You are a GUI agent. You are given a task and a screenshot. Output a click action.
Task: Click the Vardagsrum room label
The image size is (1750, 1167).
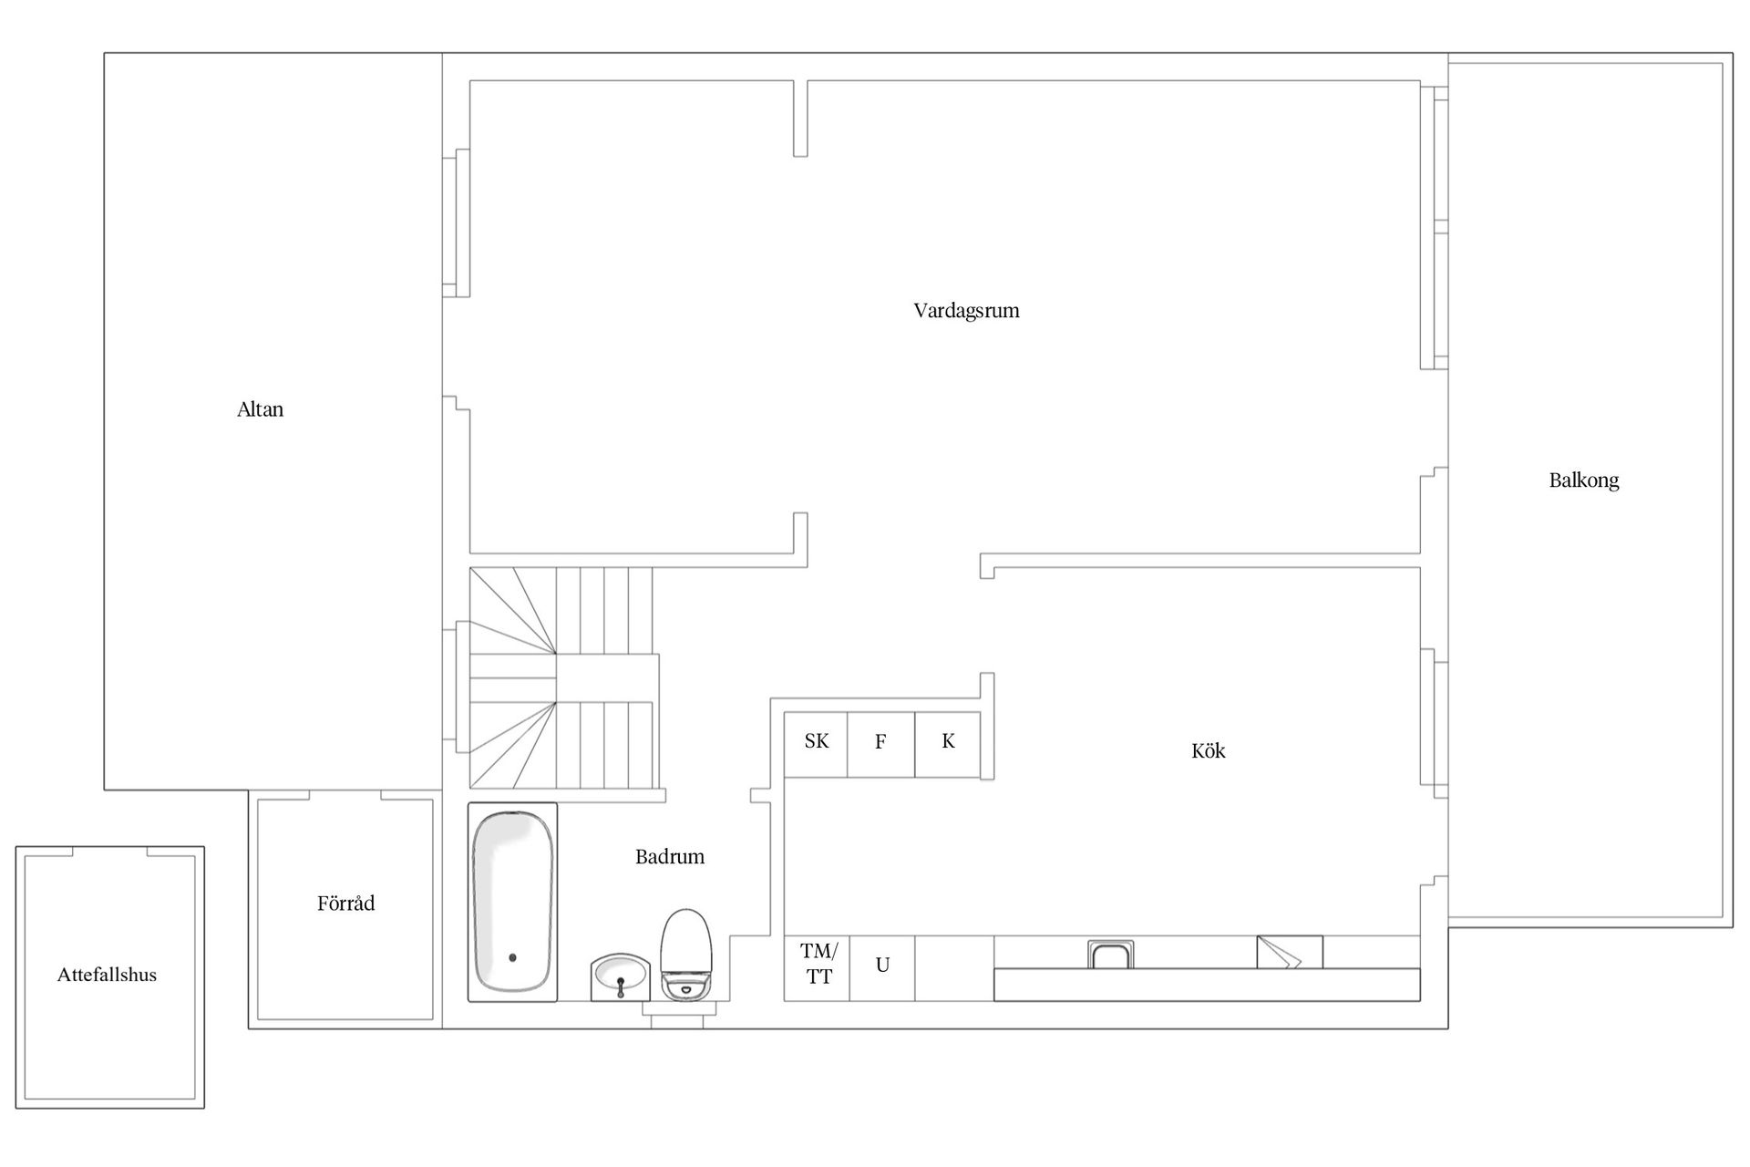[x=966, y=311]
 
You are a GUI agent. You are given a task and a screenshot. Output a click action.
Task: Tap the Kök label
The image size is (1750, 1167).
[x=1209, y=750]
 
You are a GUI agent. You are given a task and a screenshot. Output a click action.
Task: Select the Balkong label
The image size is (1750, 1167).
[x=1584, y=480]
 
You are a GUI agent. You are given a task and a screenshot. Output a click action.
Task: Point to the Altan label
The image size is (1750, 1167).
[x=261, y=409]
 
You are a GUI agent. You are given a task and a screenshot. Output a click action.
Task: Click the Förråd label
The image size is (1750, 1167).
[x=345, y=903]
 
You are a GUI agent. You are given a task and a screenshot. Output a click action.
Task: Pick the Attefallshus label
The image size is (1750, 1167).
[x=107, y=975]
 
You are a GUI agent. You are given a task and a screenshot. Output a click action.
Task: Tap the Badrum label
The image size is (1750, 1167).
[x=670, y=856]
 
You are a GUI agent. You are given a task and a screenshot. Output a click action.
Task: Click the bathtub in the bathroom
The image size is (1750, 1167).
[x=512, y=902]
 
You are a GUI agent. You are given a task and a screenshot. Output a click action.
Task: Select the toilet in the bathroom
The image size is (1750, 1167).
[x=685, y=955]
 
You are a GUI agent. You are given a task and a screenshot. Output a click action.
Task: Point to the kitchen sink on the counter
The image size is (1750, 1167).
[x=1111, y=955]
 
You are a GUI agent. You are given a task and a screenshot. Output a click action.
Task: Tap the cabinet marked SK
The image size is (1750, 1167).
[x=816, y=745]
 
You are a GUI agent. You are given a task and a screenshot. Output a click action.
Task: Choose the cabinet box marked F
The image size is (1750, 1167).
[x=880, y=745]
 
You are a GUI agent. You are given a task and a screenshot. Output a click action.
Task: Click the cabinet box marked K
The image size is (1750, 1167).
[x=948, y=745]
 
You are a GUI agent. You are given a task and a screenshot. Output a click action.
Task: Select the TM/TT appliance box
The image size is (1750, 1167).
[x=818, y=968]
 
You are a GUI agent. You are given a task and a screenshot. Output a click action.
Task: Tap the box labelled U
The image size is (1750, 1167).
[x=882, y=968]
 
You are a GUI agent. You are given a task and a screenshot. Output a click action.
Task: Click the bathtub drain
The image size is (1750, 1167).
[x=512, y=957]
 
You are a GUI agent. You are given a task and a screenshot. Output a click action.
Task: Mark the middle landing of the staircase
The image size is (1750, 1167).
[x=607, y=677]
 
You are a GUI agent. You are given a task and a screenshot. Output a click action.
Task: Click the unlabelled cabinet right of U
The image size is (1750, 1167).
[x=954, y=968]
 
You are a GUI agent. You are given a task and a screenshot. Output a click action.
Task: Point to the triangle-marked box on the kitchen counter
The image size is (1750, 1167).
[x=1290, y=952]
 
